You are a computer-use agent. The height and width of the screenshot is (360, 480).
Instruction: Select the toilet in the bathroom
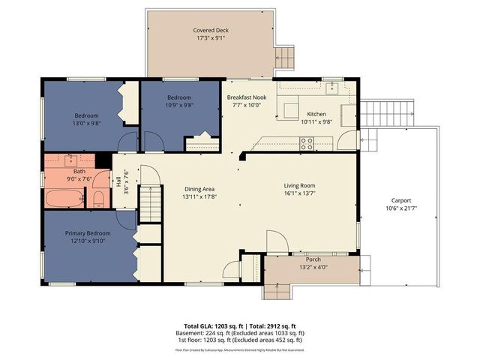click(x=99, y=198)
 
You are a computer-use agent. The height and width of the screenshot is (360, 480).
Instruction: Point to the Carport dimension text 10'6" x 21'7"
click(x=401, y=209)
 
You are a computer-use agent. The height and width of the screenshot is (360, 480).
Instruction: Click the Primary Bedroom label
click(x=87, y=233)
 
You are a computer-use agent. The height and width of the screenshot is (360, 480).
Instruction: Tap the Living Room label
click(x=299, y=185)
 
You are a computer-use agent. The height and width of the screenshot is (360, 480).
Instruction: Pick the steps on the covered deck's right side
click(x=285, y=56)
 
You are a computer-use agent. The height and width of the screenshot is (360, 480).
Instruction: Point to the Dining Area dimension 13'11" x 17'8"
click(x=199, y=197)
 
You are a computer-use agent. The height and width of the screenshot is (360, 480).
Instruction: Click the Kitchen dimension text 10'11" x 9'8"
click(x=316, y=121)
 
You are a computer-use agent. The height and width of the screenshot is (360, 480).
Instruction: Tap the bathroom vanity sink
click(x=71, y=160)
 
